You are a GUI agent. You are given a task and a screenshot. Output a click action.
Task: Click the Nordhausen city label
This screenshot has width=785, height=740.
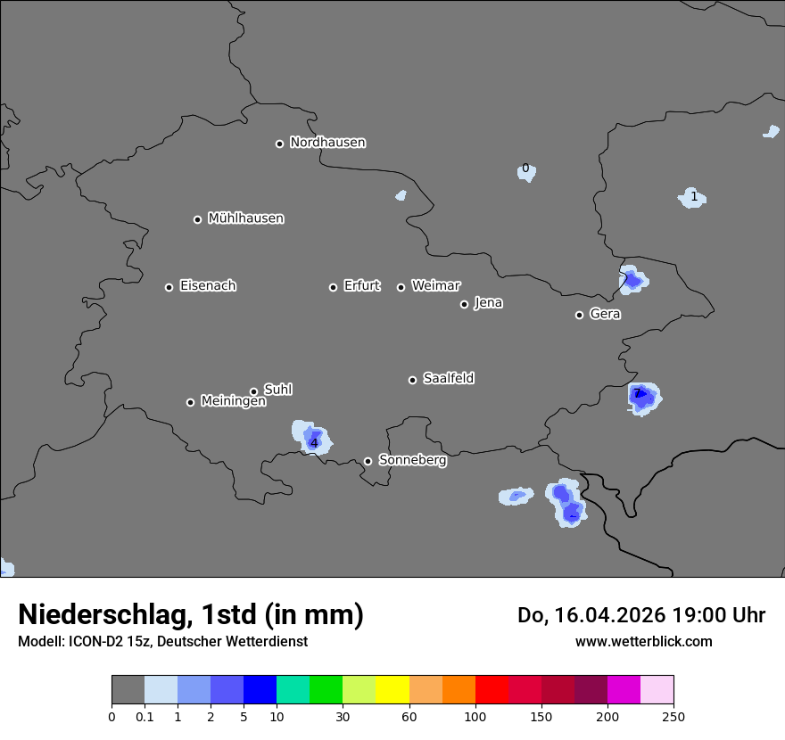coord(327,143)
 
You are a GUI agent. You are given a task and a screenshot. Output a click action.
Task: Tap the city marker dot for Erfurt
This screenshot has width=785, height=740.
coord(333,287)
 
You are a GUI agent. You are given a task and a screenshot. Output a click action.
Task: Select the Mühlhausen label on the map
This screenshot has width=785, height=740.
coord(245,218)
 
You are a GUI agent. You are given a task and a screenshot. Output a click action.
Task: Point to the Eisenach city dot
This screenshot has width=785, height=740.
coord(169,287)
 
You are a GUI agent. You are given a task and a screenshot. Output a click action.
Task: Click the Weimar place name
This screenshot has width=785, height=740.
coord(435,286)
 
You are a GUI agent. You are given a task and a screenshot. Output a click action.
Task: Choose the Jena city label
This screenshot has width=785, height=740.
coord(488,303)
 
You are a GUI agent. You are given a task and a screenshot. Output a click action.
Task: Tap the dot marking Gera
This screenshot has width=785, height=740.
coord(579,315)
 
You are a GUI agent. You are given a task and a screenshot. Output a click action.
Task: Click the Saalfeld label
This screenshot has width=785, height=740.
coord(448,379)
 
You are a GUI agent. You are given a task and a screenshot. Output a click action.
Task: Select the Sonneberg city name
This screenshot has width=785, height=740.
coord(412,460)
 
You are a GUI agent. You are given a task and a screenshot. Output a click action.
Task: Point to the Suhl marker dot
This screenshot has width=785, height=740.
coord(253,391)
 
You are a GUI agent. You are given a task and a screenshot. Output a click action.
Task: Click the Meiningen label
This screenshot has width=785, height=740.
coord(233,402)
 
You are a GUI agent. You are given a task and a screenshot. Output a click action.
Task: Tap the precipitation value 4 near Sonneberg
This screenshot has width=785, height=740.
coord(313,442)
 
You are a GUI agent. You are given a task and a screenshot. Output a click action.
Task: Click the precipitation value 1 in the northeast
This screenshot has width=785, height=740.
coord(693,196)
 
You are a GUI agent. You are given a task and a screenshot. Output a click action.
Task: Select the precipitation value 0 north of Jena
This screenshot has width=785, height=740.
coord(525,169)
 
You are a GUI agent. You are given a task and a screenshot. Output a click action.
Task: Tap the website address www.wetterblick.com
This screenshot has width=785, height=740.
coord(643,641)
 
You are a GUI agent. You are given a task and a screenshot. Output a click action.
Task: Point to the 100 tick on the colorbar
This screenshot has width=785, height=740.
coord(475,717)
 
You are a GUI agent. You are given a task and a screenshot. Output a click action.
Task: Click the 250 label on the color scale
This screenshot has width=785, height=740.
coord(673,717)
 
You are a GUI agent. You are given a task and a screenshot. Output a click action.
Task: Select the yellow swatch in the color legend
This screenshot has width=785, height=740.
coord(392,690)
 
